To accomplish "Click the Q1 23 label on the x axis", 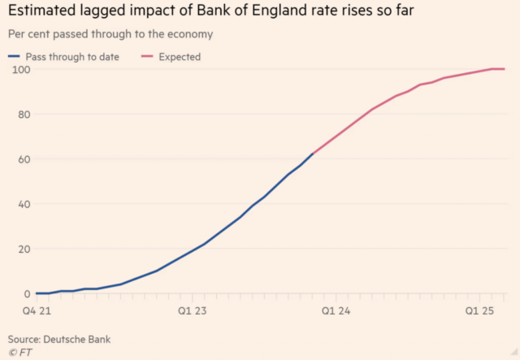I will (191, 310).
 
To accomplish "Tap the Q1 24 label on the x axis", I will (336, 310).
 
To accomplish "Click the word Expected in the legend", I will (180, 57).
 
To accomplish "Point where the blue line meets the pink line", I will (314, 153).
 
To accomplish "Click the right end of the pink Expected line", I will (505, 69).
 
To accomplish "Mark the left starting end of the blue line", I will (36, 293).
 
